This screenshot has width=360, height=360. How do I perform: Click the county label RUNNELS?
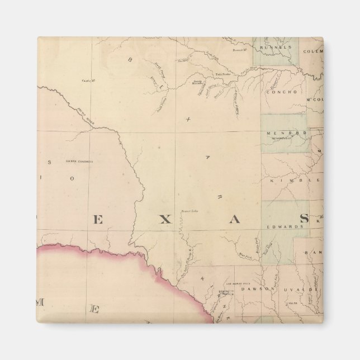pos(278,48)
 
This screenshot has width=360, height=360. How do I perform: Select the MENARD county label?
pos(278,133)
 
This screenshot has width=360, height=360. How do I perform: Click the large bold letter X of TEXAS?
pos(164,220)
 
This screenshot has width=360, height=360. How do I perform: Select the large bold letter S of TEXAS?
pos(304,219)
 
